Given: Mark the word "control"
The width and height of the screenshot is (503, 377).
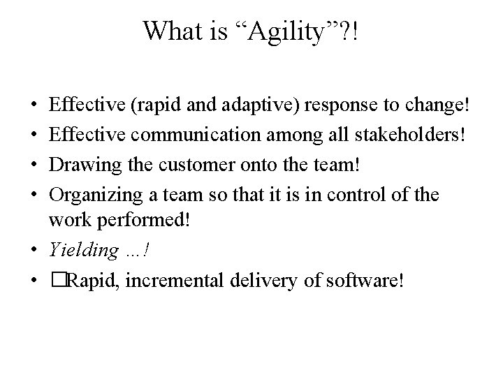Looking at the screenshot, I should tap(360, 195).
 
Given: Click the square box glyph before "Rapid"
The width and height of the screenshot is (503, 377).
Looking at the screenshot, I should tap(54, 280).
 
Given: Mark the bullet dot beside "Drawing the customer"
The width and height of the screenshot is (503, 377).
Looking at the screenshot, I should tap(34, 167).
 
